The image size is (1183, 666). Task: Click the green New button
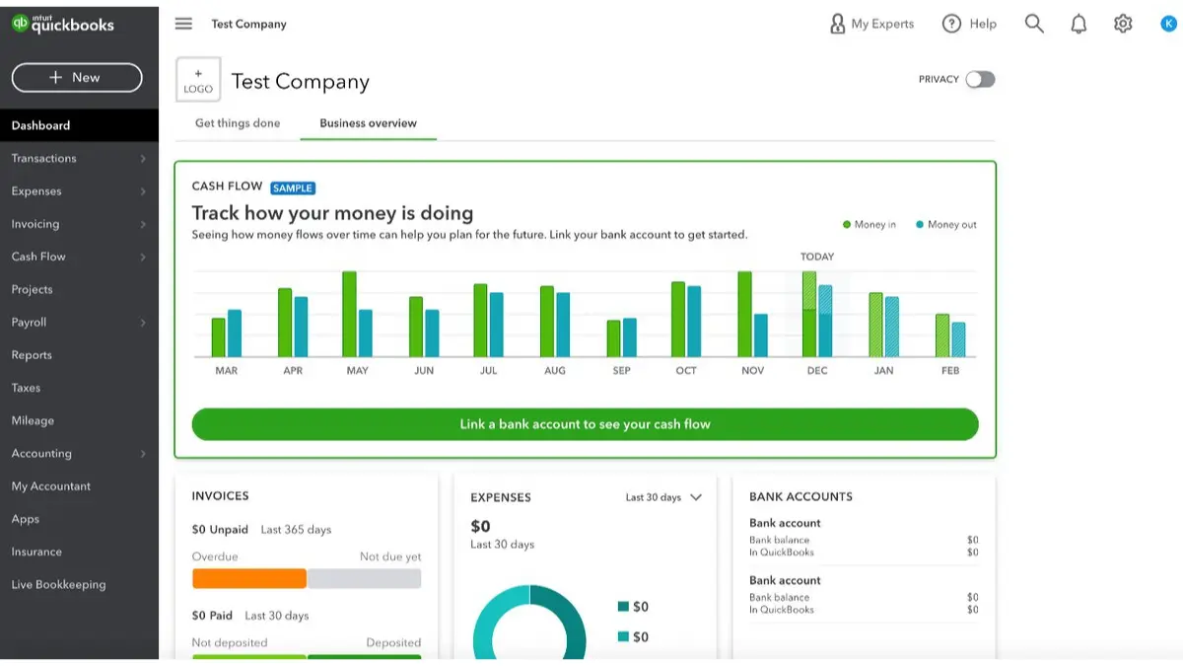77,78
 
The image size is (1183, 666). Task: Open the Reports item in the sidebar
32,355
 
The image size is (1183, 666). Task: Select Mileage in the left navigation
33,420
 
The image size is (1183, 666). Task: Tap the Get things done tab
238,123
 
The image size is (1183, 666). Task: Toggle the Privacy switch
980,79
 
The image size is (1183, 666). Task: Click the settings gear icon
1123,24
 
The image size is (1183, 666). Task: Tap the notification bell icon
1079,24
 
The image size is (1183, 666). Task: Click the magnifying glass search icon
1034,24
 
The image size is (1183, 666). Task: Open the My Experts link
871,24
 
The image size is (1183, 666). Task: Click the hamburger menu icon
183,24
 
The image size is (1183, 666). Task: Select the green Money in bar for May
349,314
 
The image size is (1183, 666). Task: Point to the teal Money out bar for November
760,335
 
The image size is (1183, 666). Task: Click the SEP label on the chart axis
621,371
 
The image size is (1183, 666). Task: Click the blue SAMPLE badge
293,187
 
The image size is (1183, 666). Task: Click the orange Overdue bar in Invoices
249,578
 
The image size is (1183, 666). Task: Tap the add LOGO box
198,80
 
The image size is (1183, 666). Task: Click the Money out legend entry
946,225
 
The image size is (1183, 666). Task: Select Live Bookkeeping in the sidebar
58,584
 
